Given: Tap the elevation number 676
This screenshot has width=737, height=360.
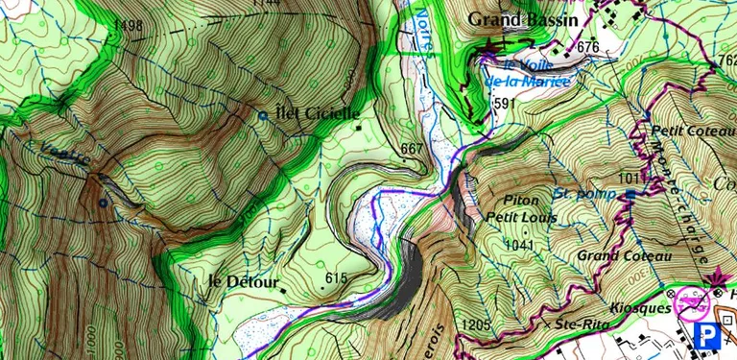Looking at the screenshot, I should [588, 48].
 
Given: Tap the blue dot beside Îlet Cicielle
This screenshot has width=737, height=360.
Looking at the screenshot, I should [263, 115].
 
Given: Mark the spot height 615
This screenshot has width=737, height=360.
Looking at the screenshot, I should [335, 278].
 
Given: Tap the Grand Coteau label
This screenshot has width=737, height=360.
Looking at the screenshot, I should [614, 256].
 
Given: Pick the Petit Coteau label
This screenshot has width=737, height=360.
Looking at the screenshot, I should [685, 131].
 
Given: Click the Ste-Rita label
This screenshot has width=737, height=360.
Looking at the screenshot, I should [578, 324].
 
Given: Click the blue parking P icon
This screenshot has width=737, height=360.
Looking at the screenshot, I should [710, 335].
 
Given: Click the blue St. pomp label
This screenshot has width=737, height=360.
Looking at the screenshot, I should [583, 194].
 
